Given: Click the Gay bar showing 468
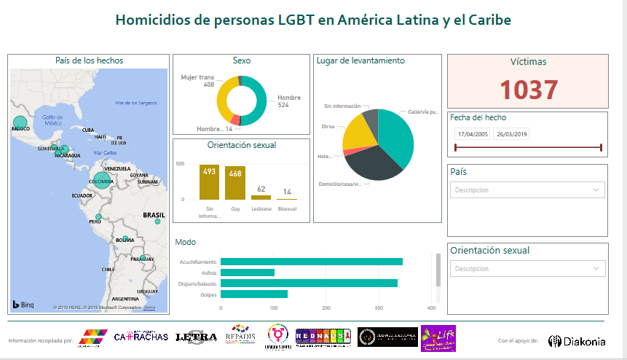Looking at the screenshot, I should click(x=235, y=183).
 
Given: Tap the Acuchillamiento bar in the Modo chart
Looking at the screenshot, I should click(x=311, y=262).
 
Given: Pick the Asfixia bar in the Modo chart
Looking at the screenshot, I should click(x=248, y=273).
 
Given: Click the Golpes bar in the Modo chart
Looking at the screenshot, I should click(x=254, y=294).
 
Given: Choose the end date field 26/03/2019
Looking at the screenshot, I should click(x=511, y=134).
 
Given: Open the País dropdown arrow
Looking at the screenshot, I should click(x=596, y=189).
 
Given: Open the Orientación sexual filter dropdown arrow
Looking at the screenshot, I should click(x=596, y=268).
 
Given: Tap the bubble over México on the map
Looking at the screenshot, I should click(x=20, y=123).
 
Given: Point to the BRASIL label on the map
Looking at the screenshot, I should click(x=154, y=216).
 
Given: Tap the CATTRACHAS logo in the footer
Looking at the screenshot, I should click(x=141, y=337).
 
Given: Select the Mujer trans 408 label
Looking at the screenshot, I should click(x=198, y=80).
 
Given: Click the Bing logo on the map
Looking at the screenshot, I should click(x=23, y=304).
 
